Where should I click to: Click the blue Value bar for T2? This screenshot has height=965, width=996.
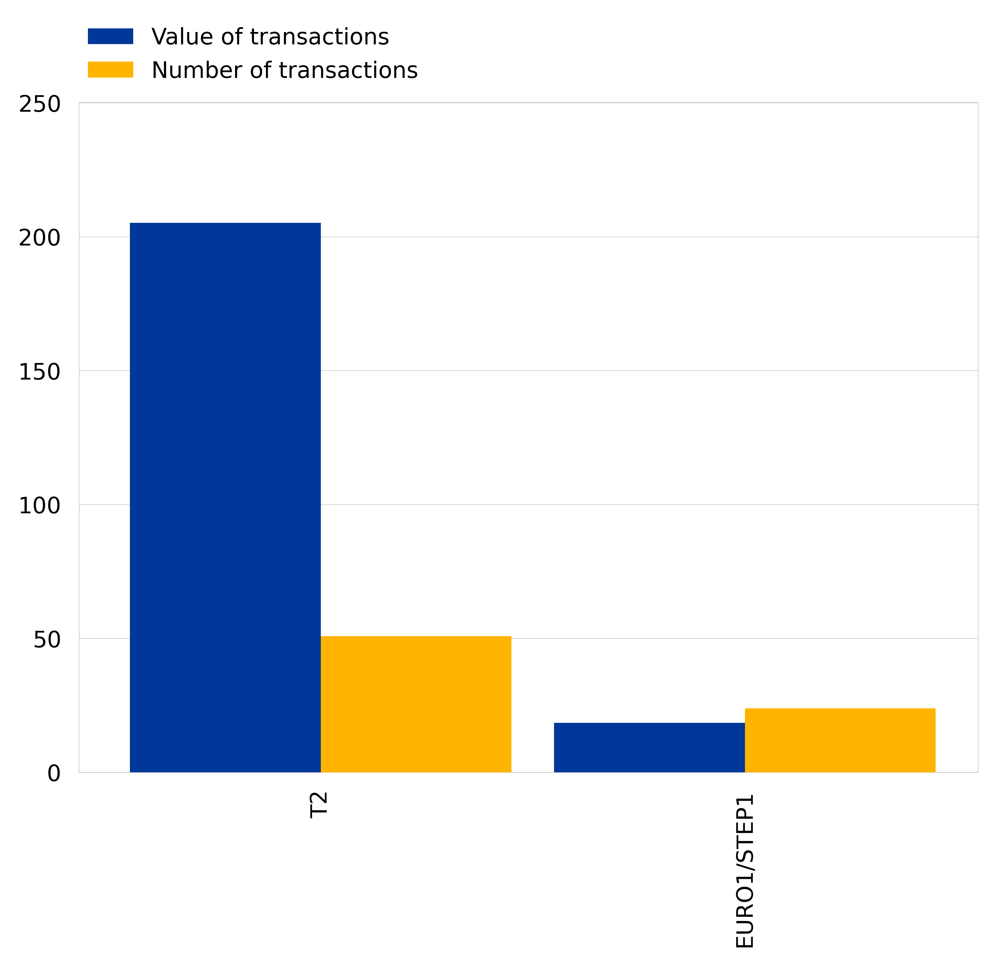click(x=225, y=498)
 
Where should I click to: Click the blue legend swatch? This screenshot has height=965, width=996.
click(x=110, y=37)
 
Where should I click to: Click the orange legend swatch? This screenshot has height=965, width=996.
click(x=110, y=69)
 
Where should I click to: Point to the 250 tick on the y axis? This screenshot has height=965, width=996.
click(x=40, y=105)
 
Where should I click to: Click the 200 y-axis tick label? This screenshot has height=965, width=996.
click(x=40, y=238)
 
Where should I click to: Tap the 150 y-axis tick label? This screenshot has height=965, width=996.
click(x=40, y=372)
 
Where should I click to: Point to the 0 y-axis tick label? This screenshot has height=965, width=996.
click(x=54, y=774)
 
